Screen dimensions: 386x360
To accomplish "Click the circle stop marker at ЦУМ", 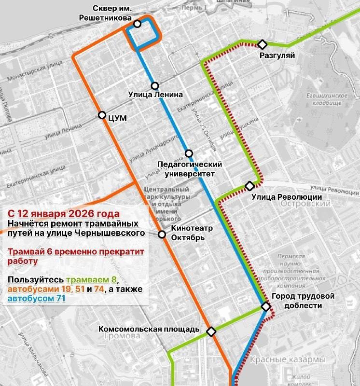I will [102, 115].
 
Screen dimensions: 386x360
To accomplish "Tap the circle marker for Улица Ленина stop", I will [155, 86].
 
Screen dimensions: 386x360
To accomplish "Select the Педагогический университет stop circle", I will [189, 153].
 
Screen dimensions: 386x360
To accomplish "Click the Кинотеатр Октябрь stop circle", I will [162, 234].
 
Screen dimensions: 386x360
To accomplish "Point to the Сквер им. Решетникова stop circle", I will [138, 24].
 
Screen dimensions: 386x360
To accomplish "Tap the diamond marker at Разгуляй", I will [262, 44].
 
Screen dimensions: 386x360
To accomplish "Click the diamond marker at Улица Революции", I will [249, 186].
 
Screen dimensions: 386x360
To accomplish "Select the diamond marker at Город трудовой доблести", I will [265, 306].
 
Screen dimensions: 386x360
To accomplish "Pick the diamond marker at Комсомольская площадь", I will [211, 331].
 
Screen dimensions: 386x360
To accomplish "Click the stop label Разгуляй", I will [277, 55].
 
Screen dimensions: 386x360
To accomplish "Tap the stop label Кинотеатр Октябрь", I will [188, 233].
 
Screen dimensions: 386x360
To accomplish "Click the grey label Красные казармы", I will [288, 360].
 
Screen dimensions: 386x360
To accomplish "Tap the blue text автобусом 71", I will [36, 299].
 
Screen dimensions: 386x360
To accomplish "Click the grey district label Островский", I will [305, 204].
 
